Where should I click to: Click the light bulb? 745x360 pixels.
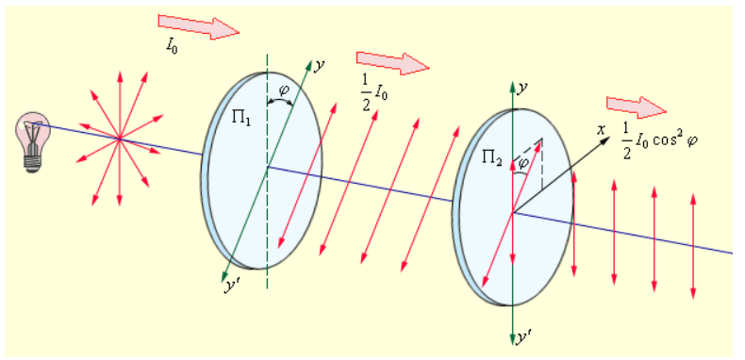[33, 141]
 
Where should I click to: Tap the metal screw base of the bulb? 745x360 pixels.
[32, 161]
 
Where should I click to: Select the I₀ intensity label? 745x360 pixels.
[172, 46]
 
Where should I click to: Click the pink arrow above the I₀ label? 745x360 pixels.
[199, 26]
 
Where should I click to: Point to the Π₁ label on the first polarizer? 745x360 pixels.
[241, 117]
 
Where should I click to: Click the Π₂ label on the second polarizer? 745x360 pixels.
[492, 158]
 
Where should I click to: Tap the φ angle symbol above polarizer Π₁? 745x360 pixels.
[283, 90]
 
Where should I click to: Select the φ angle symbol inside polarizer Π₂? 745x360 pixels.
[523, 163]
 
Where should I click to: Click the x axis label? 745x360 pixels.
[601, 129]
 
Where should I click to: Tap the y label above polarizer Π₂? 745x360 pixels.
[523, 90]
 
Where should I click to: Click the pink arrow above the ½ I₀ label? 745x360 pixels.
[393, 63]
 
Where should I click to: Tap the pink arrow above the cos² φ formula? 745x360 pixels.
[637, 107]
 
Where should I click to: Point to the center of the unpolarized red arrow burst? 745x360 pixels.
[120, 139]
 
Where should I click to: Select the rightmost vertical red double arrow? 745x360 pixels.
[693, 246]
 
